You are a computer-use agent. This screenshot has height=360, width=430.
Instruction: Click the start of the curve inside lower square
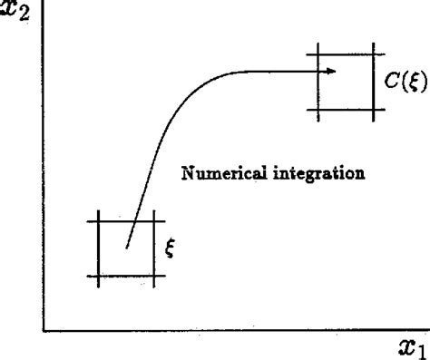click(x=127, y=247)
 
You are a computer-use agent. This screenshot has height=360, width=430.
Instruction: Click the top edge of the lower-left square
click(x=127, y=220)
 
